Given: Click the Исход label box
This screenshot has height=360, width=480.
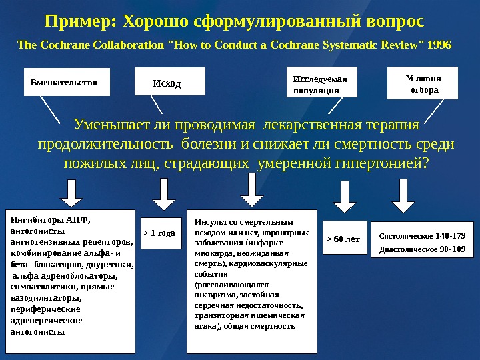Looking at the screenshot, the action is (167, 84).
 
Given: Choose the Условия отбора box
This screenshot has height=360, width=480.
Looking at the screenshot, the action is (423, 83).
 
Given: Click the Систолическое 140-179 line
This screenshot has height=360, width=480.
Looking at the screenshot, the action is (422, 235).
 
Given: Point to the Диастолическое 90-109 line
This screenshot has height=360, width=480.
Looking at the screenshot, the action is (422, 250).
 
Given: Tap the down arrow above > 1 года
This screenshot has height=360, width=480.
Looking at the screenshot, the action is (162, 195).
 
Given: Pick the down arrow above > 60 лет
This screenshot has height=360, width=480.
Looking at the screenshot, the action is (344, 197).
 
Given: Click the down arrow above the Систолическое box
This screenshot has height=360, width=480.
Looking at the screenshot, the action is (403, 195).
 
